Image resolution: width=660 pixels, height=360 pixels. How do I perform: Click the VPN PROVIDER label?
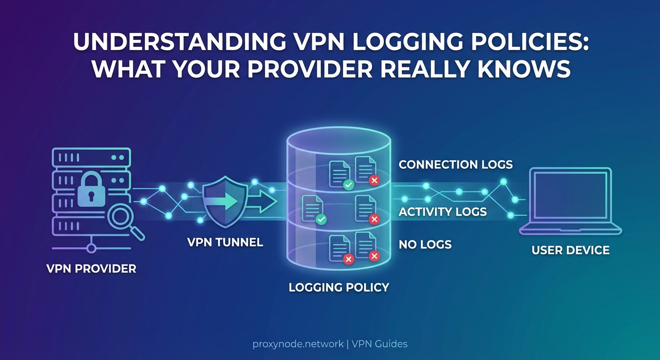(91, 269)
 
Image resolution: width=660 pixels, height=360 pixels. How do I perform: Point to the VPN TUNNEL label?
(225, 242)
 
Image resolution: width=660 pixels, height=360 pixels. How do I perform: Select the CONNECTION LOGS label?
(455, 165)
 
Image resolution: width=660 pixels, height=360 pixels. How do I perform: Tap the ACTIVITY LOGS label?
(442, 212)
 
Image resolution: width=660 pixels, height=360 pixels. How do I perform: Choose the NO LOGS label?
(425, 244)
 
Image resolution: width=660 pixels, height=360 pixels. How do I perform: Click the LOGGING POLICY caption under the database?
(339, 287)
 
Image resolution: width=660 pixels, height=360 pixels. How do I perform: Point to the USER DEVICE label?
(570, 250)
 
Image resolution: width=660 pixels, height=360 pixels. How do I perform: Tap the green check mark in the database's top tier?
(348, 185)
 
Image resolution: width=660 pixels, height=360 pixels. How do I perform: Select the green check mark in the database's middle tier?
(321, 219)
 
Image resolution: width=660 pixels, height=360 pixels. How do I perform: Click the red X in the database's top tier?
(374, 180)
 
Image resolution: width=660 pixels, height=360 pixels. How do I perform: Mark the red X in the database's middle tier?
(374, 219)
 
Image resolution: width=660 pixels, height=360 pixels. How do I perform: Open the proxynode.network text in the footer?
(297, 344)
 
